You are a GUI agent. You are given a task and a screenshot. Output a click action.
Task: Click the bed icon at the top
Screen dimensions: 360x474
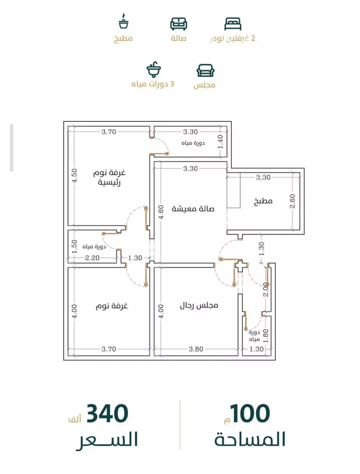[x=233, y=24]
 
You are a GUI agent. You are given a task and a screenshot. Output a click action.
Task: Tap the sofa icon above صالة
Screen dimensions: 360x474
[x=179, y=24]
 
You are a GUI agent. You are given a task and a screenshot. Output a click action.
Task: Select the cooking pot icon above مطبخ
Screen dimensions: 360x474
[x=123, y=21]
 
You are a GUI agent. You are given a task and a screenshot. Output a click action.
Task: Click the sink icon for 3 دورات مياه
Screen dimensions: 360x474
[x=154, y=70]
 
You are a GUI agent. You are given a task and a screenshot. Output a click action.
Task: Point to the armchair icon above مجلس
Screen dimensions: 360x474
[x=205, y=71]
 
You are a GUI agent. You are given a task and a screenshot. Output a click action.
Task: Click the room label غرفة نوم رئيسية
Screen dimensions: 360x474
[x=109, y=178]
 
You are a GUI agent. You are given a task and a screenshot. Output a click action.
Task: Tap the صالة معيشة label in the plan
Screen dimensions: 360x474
[x=193, y=209]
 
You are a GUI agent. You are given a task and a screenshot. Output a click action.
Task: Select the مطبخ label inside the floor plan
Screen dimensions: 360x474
[x=263, y=201]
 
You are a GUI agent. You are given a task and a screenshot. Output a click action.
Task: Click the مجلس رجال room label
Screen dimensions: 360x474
[x=199, y=305]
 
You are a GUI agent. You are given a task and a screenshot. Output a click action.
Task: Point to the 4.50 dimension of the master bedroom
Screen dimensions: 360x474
[x=74, y=176]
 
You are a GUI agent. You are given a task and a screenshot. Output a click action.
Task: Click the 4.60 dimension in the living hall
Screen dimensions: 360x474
[x=161, y=212]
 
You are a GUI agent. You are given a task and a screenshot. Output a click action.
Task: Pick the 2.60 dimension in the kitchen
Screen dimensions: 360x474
[x=292, y=201]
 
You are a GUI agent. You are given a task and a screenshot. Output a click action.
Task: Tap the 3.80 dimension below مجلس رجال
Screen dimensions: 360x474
[x=196, y=349]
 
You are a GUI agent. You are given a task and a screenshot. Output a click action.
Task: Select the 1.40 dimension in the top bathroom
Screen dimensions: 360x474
[x=220, y=142]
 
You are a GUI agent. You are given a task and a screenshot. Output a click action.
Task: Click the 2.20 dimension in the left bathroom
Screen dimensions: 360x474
[x=92, y=258]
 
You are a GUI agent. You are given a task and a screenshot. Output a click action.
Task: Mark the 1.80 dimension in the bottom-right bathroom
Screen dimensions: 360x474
[x=266, y=335]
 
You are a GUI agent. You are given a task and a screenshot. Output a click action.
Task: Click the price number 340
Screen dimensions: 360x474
[x=108, y=414]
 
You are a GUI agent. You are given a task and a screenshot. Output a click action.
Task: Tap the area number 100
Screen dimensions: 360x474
[x=250, y=414]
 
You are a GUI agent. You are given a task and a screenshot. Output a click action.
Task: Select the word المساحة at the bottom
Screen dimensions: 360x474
[x=250, y=439]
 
